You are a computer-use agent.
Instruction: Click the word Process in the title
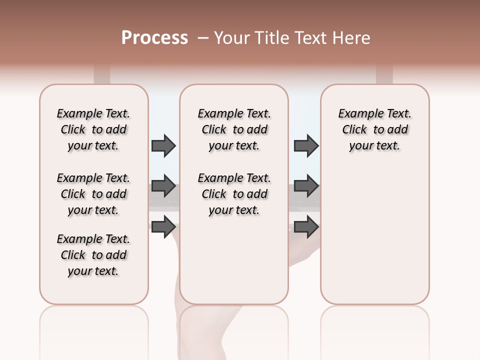coord(154,38)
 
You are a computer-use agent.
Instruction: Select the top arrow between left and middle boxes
coord(163,145)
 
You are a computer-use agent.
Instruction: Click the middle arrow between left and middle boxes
coord(163,186)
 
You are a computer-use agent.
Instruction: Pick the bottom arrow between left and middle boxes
coord(163,226)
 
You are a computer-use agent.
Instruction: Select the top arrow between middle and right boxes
coord(306,145)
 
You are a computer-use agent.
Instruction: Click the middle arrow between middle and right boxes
coord(306,186)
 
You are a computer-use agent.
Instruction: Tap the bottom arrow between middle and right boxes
coord(306,226)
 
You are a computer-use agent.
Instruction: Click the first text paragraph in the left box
coord(93,129)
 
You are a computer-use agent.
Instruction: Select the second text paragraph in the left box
coord(93,194)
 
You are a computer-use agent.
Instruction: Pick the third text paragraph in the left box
coord(93,255)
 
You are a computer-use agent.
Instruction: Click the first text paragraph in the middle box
coord(234,129)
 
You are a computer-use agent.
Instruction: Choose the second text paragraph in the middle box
coord(234,194)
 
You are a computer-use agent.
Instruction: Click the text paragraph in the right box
coord(374,129)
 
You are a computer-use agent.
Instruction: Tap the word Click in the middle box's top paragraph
coord(214,130)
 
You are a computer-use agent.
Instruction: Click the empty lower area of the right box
coord(374,235)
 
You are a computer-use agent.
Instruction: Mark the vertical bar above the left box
coord(102,74)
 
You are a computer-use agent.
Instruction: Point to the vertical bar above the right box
coord(384,74)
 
